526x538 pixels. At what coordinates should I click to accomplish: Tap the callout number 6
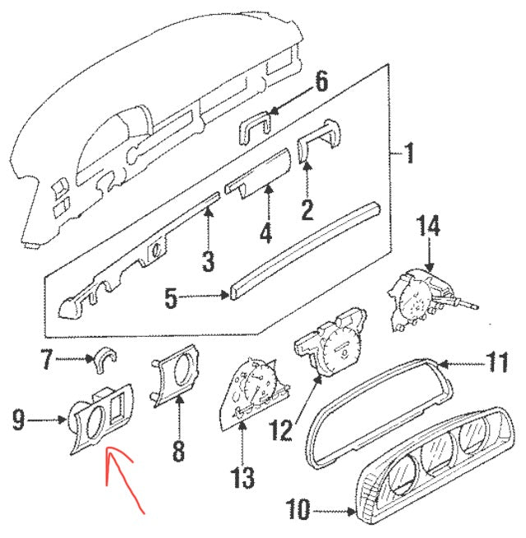321,82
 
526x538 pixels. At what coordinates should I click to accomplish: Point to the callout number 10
299,512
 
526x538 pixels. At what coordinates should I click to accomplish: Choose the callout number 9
19,421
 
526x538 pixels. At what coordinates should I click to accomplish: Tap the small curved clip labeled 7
107,358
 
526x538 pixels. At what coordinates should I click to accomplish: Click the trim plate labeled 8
175,379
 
